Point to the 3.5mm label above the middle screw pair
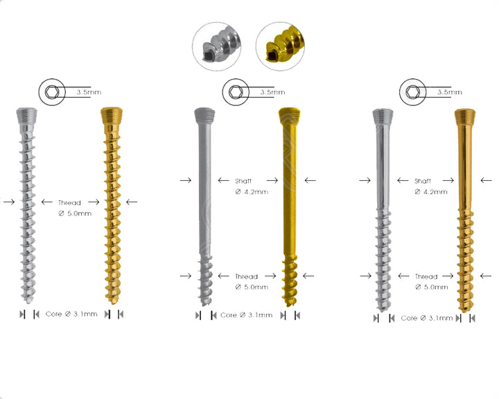[x=272, y=91]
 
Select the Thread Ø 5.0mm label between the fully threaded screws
[x=69, y=208]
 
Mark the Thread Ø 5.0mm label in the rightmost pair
[x=426, y=281]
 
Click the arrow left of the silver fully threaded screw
[x=8, y=202]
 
